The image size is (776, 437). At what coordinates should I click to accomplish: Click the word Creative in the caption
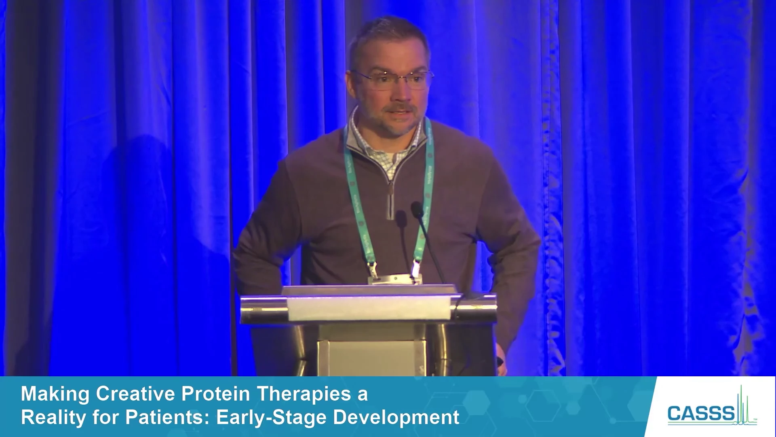tap(136, 394)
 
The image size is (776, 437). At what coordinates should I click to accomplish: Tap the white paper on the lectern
tap(369, 308)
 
